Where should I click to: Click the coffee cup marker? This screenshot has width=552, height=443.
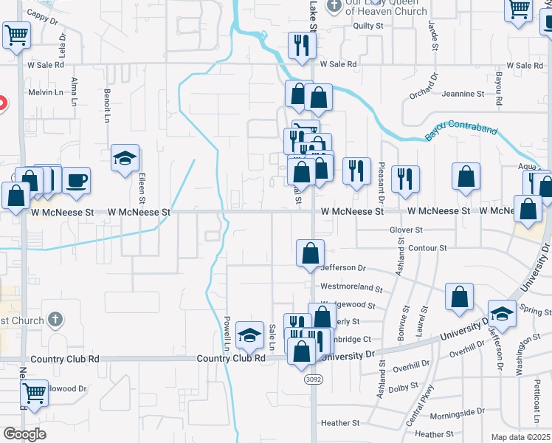point(75,180)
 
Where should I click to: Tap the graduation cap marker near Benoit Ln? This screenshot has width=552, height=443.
point(125,158)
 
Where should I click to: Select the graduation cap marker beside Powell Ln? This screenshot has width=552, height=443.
point(250,335)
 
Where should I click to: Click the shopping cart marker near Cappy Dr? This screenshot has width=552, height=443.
point(16,34)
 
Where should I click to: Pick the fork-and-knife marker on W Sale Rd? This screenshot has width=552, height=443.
point(302,46)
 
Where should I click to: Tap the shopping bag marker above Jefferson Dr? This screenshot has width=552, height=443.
point(311,253)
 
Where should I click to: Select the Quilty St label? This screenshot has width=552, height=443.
point(369,26)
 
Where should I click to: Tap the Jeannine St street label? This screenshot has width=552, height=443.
point(463,94)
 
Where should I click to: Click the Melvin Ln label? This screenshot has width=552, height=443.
point(46,92)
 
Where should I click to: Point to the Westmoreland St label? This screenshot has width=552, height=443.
point(351,289)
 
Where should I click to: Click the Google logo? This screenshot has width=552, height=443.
point(24,434)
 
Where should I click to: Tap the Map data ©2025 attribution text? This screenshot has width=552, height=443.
point(520,437)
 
